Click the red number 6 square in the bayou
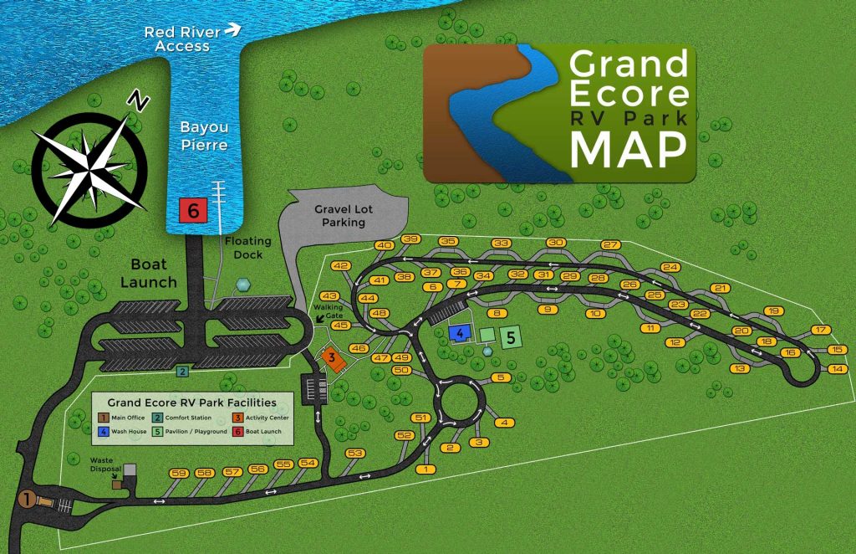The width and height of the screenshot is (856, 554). (193, 212)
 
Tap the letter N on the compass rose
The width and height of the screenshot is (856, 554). (137, 102)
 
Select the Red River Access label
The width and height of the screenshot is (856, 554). (183, 38)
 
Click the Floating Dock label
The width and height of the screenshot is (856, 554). (247, 249)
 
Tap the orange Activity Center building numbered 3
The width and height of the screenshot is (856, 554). (333, 358)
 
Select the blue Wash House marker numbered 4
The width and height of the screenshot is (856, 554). (459, 333)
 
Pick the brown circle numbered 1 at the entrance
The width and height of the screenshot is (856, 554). (28, 499)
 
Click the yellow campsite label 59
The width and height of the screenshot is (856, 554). (178, 474)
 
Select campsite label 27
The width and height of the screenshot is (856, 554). (610, 245)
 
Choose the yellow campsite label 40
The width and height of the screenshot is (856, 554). (384, 246)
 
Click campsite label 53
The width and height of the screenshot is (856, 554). (355, 453)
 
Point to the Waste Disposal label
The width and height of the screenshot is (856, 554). (106, 464)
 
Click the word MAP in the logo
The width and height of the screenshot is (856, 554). (628, 149)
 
